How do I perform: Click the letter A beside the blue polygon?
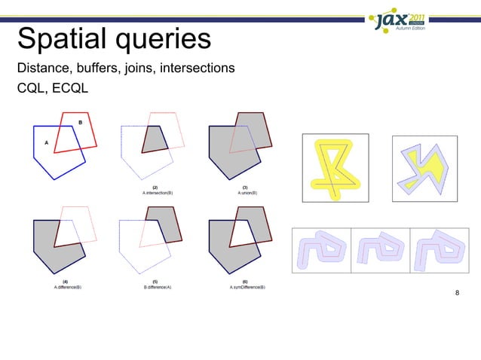pos(46,141)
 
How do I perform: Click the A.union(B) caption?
pos(246,193)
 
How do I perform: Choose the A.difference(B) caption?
pos(68,287)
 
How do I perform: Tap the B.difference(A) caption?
pos(157,287)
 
